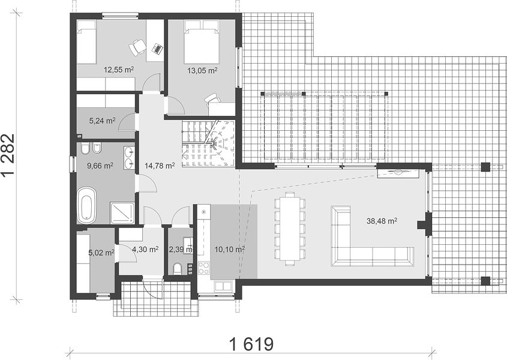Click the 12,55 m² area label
[x=119, y=70]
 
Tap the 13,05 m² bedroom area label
[x=202, y=70]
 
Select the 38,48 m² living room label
[x=382, y=221]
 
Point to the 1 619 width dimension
[x=251, y=344]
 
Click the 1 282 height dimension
[x=8, y=155]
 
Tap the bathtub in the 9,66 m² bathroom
[x=86, y=205]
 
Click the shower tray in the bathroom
[x=122, y=213]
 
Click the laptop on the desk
[x=157, y=48]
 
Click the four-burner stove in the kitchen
[x=204, y=268]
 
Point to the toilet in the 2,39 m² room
[x=177, y=268]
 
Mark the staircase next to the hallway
[x=208, y=143]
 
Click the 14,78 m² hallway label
[x=160, y=166]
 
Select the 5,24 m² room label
[x=102, y=121]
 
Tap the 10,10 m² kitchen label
[x=230, y=250]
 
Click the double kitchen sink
[x=223, y=286]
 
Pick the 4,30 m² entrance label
[x=145, y=250]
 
